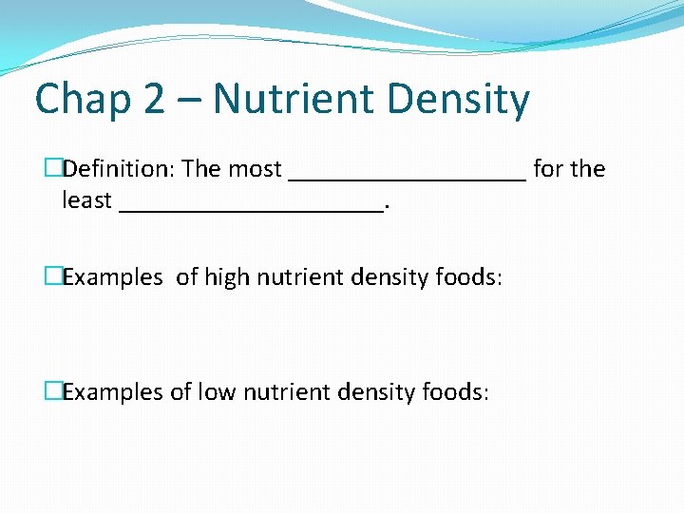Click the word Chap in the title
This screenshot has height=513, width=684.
click(x=82, y=99)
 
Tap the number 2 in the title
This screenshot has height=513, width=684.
click(x=154, y=99)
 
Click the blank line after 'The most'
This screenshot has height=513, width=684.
click(x=407, y=177)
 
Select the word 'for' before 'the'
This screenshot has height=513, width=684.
click(x=548, y=169)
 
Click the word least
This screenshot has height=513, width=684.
click(x=86, y=201)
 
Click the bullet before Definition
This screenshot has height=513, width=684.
click(x=53, y=169)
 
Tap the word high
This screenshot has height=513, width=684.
click(x=225, y=277)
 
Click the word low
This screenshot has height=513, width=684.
click(x=216, y=391)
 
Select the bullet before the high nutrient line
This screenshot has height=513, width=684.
click(x=53, y=277)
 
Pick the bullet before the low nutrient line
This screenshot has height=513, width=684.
click(x=53, y=391)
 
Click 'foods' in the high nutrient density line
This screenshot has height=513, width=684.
click(x=465, y=277)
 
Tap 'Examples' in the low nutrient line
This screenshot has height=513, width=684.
click(x=113, y=391)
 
